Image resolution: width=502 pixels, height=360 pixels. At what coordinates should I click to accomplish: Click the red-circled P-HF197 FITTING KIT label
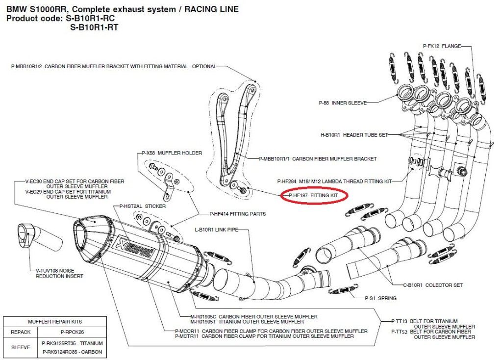pos(314,195)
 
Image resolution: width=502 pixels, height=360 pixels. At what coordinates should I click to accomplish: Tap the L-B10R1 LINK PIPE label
pos(216,229)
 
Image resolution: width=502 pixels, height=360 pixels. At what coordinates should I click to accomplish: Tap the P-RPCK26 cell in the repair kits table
pos(68,332)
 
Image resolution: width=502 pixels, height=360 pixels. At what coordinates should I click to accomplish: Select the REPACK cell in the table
pos(21,332)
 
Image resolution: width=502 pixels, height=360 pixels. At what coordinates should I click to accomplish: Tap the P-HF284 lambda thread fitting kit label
pos(334,181)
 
